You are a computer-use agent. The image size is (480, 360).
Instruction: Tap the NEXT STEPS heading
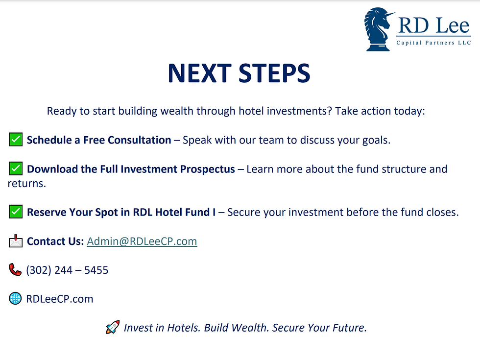239,73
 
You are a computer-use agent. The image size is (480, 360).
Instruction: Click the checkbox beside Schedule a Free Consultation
15,139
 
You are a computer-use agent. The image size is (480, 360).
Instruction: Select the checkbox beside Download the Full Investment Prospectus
15,168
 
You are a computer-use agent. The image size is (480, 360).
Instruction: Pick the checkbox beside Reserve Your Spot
15,212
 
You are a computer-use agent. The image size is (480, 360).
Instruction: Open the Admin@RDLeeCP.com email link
142,241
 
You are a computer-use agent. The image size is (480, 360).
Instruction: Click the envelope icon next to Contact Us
16,241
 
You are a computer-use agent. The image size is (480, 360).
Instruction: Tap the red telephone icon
15,270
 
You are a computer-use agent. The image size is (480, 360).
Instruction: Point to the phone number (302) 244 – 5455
67,270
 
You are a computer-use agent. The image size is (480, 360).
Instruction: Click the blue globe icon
15,298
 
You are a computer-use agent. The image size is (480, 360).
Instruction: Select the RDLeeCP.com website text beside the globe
60,299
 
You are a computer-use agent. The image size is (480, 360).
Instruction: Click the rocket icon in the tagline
113,327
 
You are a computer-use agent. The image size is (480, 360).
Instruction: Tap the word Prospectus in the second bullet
208,169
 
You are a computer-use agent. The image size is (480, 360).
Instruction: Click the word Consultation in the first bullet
139,140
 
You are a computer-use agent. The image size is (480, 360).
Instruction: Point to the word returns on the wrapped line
26,184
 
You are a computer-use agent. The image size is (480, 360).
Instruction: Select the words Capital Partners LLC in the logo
433,43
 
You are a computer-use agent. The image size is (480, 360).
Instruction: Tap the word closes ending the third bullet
442,212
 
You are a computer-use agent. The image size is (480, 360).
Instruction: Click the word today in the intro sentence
409,111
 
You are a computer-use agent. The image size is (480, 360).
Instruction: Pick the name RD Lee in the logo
434,25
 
